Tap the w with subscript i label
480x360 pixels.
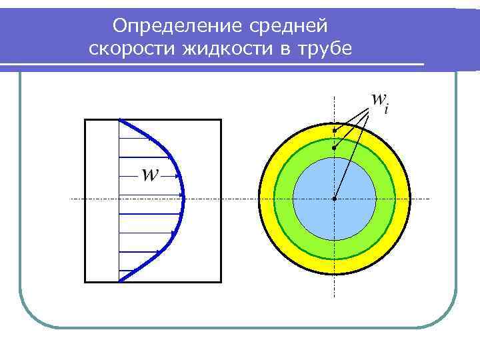point(379,101)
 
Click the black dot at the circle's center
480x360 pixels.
point(334,198)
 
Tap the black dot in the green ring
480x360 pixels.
point(334,147)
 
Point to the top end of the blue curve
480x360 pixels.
point(119,120)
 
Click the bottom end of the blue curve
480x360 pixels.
point(119,281)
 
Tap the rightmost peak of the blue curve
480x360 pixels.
point(183,197)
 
